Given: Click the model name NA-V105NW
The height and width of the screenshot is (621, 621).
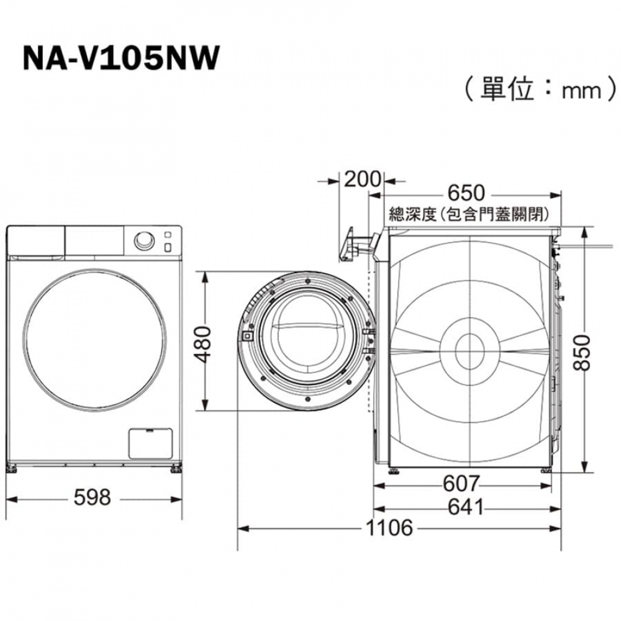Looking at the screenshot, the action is [x=121, y=58].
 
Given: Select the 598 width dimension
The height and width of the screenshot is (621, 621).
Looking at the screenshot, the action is [x=93, y=497].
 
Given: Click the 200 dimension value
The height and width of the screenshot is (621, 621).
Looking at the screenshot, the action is [x=362, y=179].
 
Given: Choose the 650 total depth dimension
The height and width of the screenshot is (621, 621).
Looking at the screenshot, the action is [x=466, y=193].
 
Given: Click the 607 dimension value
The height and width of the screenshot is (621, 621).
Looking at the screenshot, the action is [x=461, y=483].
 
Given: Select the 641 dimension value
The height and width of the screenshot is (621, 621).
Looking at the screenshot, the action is [x=466, y=507].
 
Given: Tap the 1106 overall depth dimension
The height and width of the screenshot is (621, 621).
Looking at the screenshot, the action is [x=389, y=528].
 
